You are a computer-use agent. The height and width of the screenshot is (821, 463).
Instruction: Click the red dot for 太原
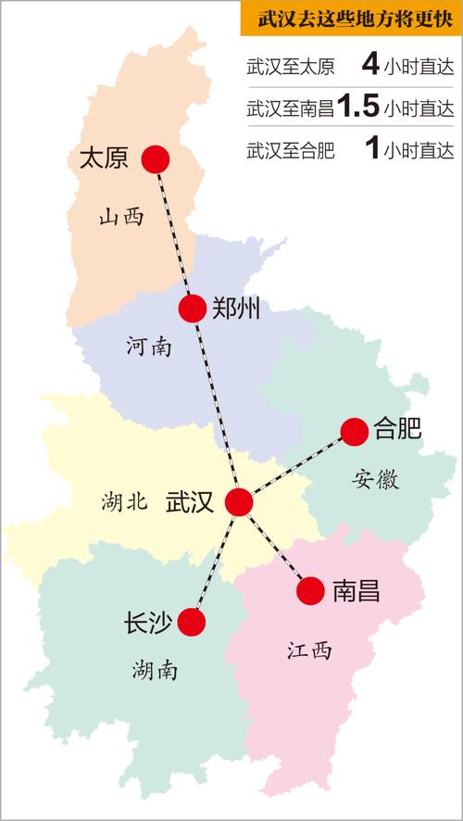(156, 159)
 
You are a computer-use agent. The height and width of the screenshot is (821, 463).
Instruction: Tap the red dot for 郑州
(193, 308)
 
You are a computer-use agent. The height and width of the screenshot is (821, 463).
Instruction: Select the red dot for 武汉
(239, 501)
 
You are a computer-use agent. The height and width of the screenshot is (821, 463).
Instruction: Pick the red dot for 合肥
(354, 430)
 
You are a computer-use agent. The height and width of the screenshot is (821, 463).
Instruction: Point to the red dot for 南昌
(311, 590)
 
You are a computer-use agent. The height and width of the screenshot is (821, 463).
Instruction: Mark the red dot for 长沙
(192, 622)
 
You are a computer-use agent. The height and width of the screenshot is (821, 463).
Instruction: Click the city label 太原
(104, 158)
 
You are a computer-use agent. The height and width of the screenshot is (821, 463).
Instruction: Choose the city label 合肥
(397, 429)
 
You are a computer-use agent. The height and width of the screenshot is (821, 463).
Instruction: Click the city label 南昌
(356, 591)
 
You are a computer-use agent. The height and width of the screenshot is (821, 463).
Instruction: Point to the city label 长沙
(145, 623)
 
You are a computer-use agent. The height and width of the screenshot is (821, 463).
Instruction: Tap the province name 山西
(122, 218)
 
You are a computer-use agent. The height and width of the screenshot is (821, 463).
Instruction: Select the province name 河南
(148, 347)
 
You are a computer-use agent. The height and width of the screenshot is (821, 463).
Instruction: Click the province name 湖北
(124, 503)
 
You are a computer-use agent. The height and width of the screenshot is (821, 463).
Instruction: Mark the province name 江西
(308, 650)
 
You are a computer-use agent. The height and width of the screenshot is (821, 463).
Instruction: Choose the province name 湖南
(155, 669)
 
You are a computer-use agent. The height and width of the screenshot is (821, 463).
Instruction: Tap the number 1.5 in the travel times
(358, 107)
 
